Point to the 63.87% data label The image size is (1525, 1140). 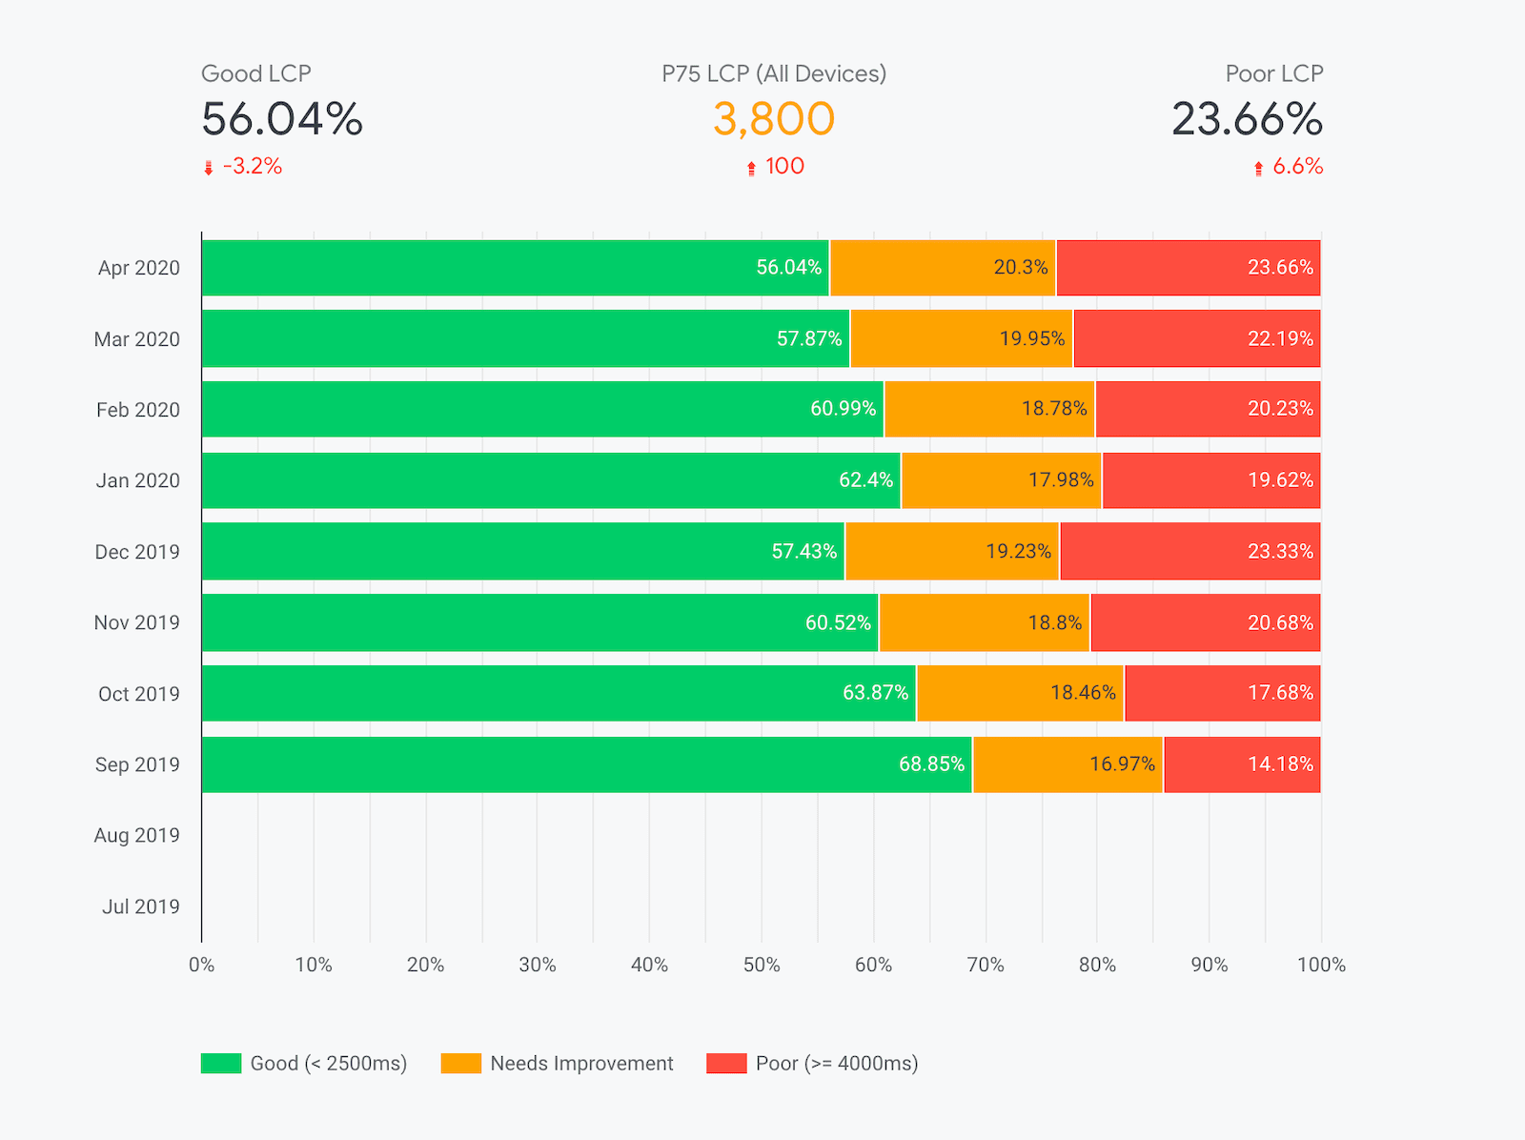875,693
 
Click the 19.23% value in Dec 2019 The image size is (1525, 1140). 1018,552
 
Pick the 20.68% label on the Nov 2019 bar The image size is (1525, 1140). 1280,622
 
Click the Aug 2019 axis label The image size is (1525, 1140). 136,836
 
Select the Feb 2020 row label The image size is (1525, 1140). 137,410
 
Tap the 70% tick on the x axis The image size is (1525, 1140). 986,965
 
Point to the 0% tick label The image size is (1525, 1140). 201,965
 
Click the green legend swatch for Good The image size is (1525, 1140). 221,1063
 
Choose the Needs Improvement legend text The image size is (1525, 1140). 581,1064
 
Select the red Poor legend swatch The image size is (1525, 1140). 726,1063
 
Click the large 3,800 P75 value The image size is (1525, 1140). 773,119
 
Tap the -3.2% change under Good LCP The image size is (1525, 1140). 253,167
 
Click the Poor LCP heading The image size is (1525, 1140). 1273,73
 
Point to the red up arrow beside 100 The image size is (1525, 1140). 751,169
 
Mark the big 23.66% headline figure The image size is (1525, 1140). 1247,119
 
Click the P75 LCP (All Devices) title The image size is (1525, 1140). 774,73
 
